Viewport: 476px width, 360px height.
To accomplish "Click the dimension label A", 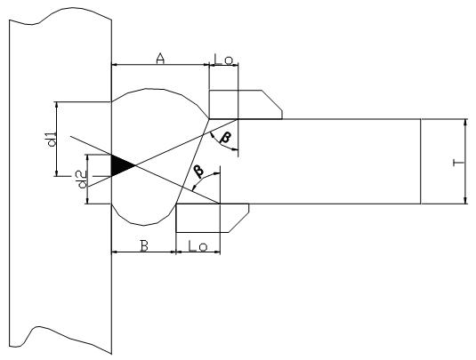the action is pyautogui.click(x=160, y=59).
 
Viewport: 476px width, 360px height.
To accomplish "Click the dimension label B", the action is pyautogui.click(x=144, y=245).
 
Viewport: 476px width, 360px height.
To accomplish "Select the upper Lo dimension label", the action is pyautogui.click(x=223, y=60).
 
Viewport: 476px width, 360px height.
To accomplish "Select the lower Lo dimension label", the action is pyautogui.click(x=198, y=246).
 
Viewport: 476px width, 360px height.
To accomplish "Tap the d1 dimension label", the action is pyautogui.click(x=52, y=140).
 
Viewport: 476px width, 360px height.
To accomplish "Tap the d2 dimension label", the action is pyautogui.click(x=82, y=180).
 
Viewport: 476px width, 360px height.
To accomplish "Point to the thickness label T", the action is pyautogui.click(x=458, y=164).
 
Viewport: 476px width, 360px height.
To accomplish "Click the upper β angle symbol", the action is pyautogui.click(x=225, y=137).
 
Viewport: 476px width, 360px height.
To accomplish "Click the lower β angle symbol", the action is pyautogui.click(x=198, y=171).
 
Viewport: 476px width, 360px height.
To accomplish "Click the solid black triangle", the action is pyautogui.click(x=119, y=165).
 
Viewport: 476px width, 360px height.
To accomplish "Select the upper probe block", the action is pyautogui.click(x=246, y=104).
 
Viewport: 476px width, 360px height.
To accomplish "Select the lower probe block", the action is pyautogui.click(x=213, y=218).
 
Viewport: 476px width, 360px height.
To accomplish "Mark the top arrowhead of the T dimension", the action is pyautogui.click(x=465, y=122).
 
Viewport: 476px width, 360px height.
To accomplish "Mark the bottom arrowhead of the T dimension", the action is pyautogui.click(x=465, y=201).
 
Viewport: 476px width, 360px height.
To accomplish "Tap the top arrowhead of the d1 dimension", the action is pyautogui.click(x=56, y=105).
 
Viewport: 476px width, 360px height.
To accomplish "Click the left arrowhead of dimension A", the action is pyautogui.click(x=115, y=64).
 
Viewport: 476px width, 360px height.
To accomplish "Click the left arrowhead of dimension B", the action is pyautogui.click(x=115, y=252).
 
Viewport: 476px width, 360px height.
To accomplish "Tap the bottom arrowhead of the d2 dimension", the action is pyautogui.click(x=87, y=201).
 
